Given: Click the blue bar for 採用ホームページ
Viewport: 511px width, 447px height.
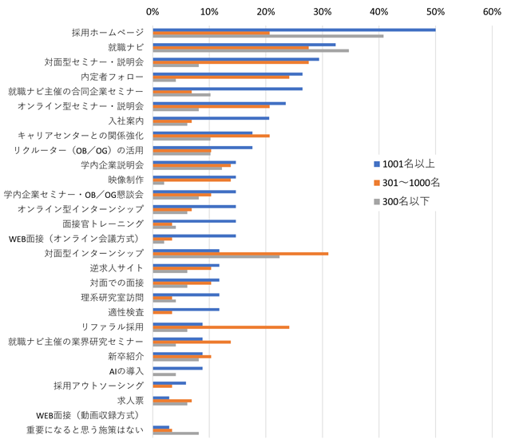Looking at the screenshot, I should coord(294,30).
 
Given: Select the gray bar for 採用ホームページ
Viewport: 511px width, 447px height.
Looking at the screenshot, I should coord(267,36).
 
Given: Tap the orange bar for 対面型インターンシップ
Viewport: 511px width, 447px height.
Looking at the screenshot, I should coord(240,253).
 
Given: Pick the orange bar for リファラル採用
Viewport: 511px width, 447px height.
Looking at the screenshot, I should coord(220,326).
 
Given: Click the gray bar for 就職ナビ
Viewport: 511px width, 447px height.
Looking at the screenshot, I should coord(251,50).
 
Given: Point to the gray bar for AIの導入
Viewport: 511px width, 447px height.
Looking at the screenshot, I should coord(164,374).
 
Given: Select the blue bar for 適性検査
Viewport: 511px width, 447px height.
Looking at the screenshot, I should coord(186,309).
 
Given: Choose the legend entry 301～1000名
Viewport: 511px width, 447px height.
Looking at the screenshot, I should coord(410,183).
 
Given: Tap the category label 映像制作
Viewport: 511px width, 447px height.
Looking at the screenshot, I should coord(125,180).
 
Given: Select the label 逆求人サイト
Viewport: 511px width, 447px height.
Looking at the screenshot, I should coord(117,267).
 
